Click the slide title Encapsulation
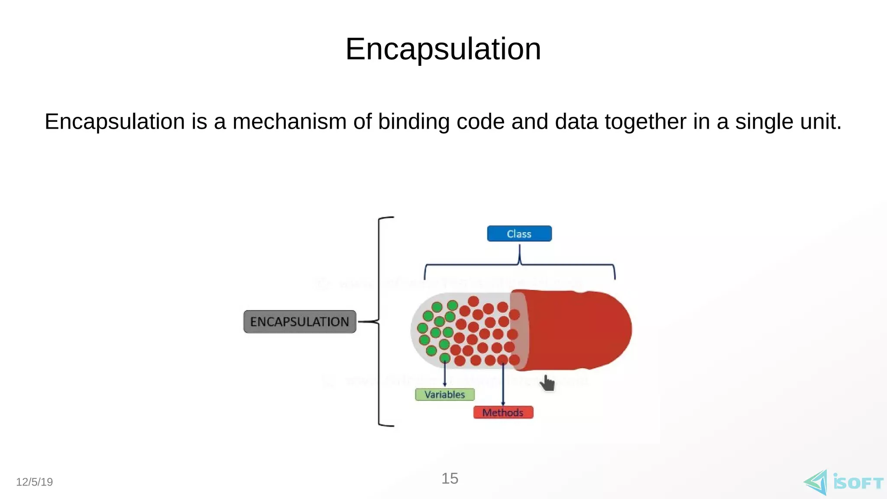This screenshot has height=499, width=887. pos(443,49)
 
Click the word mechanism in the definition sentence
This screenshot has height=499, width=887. pos(289,122)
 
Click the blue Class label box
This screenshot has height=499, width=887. pos(519,234)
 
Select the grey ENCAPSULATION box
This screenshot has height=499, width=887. pos(300,322)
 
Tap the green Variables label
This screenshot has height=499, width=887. pos(445,395)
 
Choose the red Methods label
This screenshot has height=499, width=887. pos(503,412)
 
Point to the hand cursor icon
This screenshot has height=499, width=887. pos(547,383)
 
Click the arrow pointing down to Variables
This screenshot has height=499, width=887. pos(445,375)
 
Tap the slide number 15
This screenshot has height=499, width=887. pos(450,479)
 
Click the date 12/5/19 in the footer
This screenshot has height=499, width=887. pos(34,482)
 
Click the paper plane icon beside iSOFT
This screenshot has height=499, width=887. pos(816,482)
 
